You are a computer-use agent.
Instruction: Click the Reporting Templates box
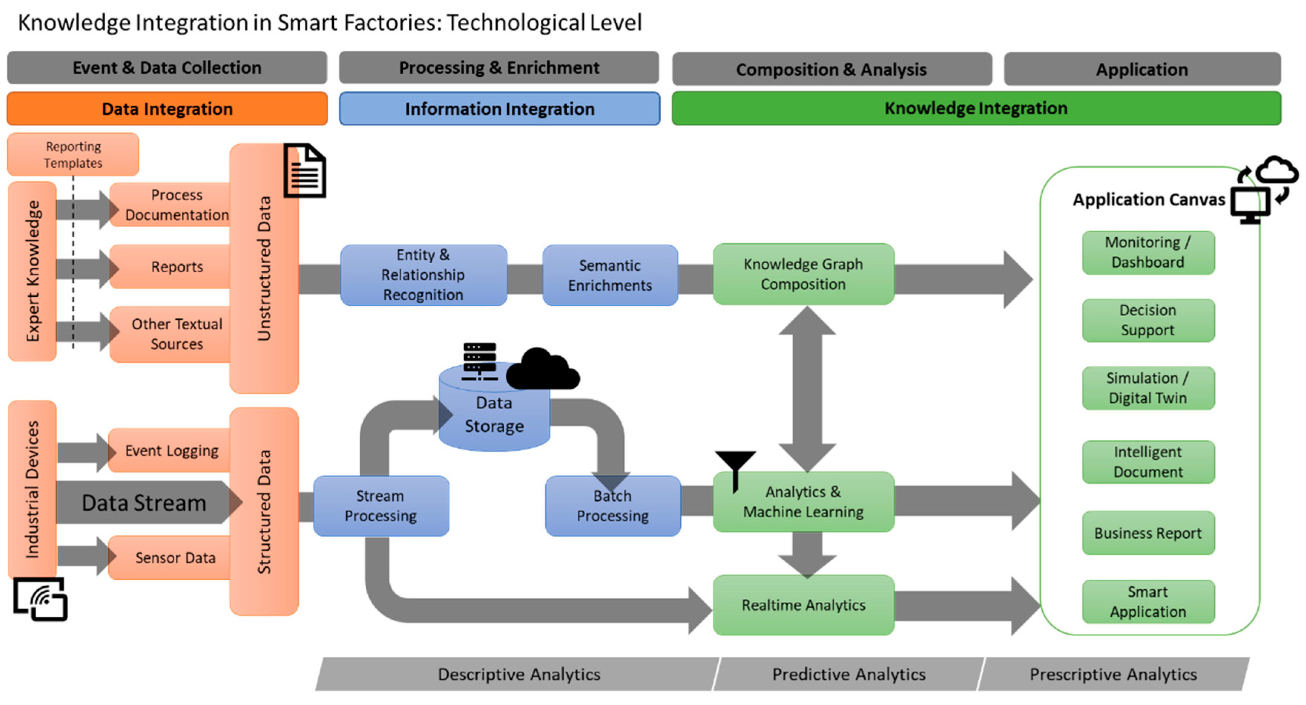tap(73, 155)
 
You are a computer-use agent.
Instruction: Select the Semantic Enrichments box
tap(610, 276)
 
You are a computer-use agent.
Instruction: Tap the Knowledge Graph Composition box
tap(803, 274)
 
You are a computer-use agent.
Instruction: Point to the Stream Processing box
tap(381, 506)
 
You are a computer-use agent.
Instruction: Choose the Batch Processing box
tap(613, 506)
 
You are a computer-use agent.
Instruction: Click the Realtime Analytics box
tap(803, 604)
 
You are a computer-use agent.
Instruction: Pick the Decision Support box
tap(1148, 320)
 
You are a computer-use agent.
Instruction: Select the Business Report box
tap(1148, 533)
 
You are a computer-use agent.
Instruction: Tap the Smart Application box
tap(1148, 602)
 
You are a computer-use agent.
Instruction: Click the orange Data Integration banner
tap(167, 109)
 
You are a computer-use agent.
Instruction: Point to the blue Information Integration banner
tap(499, 109)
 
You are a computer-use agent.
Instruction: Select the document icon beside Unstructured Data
tap(305, 171)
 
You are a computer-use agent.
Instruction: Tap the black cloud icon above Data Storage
tap(543, 370)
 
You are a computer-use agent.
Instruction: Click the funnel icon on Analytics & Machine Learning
tap(735, 467)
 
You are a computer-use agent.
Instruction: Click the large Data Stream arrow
tap(145, 503)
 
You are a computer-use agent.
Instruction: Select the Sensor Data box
tap(175, 558)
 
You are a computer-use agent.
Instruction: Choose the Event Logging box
tap(172, 450)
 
